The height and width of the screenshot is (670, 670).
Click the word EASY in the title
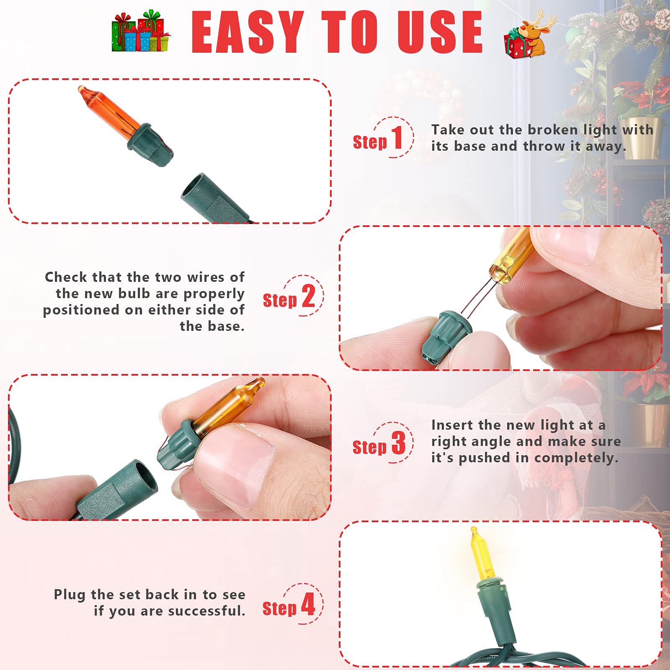(x=247, y=32)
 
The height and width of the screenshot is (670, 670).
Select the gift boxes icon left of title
(x=141, y=31)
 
